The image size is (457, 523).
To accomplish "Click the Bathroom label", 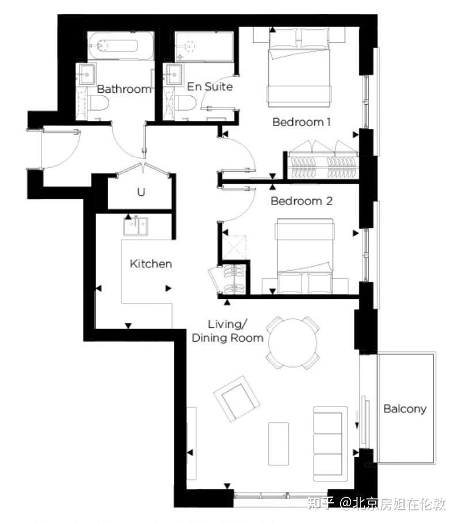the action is point(124,89).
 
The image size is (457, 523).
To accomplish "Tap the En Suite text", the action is point(210,87).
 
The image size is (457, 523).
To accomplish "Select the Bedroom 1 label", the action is point(302,122).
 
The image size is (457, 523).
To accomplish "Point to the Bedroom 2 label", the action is point(302,201).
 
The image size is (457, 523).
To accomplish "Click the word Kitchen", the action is point(151,264).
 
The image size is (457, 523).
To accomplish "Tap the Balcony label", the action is point(405,408).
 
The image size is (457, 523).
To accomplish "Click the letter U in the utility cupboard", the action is point(141,192).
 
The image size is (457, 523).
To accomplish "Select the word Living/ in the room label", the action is point(228,324).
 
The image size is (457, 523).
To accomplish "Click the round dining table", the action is point(292,343).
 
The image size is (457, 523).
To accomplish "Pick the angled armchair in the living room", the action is point(237,399).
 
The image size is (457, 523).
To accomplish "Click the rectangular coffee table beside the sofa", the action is point(279,444).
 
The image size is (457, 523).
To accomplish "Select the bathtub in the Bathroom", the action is point(121,46).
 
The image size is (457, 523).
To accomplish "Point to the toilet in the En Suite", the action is point(186,103).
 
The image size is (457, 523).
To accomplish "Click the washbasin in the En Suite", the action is point(174,74).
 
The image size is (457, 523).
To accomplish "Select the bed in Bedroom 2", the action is point(305,256).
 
